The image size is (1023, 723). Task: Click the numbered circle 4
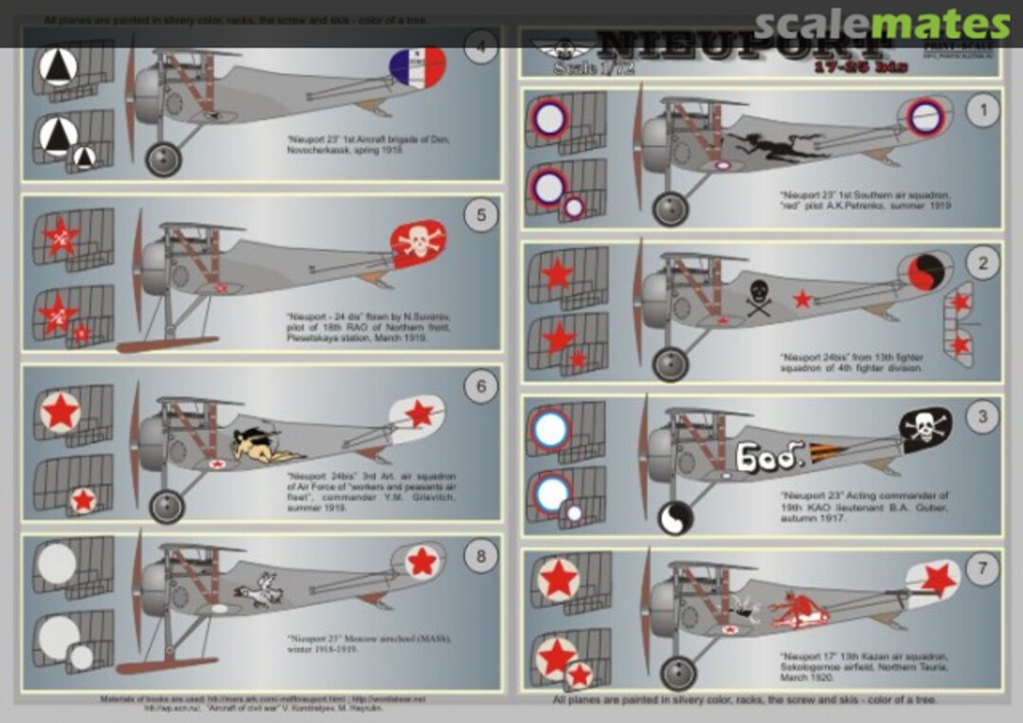tap(481, 47)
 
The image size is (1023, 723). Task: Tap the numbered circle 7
tap(982, 569)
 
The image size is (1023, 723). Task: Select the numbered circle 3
tap(982, 415)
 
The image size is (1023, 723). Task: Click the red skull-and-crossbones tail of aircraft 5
tap(419, 243)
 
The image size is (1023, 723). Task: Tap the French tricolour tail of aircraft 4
tap(418, 68)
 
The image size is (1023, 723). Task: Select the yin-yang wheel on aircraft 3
tap(674, 517)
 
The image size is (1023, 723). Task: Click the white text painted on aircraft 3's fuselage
tap(769, 458)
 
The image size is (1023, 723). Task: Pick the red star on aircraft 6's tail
tap(419, 414)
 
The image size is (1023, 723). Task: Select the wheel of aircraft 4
tap(163, 158)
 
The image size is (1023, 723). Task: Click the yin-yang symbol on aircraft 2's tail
tap(923, 273)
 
